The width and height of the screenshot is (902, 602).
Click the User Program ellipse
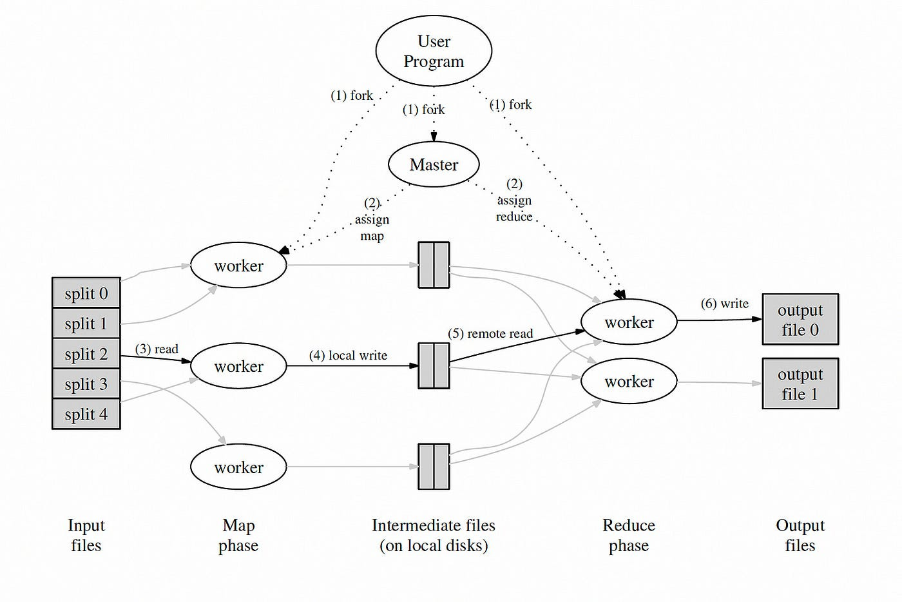click(x=434, y=51)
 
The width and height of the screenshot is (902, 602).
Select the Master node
click(x=434, y=164)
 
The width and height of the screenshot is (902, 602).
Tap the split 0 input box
click(x=86, y=293)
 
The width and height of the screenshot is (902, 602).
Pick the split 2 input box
click(x=86, y=354)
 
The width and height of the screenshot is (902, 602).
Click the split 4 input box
click(x=86, y=414)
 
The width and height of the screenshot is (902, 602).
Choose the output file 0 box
click(x=800, y=320)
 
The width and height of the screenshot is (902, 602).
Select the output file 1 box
click(x=800, y=384)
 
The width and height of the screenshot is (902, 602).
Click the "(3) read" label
click(x=157, y=349)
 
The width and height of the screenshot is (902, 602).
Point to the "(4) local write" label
click(x=348, y=355)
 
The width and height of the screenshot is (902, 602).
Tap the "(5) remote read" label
click(x=490, y=333)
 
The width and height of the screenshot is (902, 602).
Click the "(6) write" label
click(x=725, y=303)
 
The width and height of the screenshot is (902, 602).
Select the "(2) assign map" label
click(x=372, y=219)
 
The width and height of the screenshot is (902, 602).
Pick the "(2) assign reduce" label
click(x=514, y=200)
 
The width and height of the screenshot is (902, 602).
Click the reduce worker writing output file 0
click(x=629, y=322)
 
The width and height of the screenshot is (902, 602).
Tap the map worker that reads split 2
click(x=238, y=366)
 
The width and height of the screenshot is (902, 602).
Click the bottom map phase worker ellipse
click(x=238, y=467)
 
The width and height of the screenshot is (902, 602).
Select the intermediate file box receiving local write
click(x=434, y=365)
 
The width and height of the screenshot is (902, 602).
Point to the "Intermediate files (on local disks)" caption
click(x=434, y=535)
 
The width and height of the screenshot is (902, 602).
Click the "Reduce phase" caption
click(x=629, y=535)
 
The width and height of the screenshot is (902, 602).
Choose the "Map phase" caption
click(x=238, y=535)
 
